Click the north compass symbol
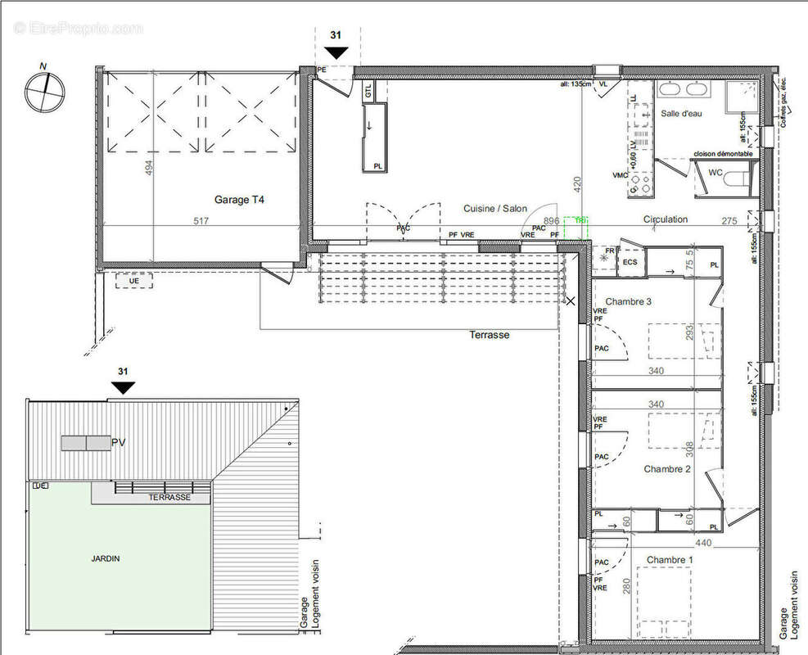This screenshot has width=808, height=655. [43, 91]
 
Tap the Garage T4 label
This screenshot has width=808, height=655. [239, 199]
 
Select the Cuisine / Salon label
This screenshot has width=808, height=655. [495, 209]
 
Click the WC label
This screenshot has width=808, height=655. [716, 173]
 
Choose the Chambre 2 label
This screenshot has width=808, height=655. [668, 469]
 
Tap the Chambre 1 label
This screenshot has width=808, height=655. [669, 560]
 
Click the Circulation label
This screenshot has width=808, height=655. [665, 219]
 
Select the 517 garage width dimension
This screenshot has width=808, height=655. [201, 221]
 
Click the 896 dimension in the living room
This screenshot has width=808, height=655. [551, 221]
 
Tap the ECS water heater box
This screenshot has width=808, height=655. [630, 261]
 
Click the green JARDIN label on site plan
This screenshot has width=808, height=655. [105, 558]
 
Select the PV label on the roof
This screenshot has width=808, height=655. [119, 443]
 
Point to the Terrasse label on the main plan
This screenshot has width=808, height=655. [489, 335]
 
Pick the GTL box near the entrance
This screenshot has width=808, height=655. [368, 92]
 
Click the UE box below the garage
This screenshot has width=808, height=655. [135, 281]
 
